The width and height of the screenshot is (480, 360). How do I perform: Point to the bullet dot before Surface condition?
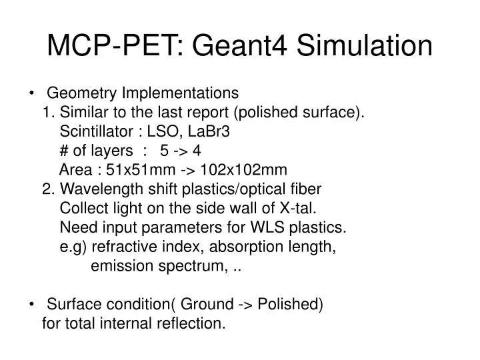[x=33, y=305]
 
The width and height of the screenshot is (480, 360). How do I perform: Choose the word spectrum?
[x=195, y=266]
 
